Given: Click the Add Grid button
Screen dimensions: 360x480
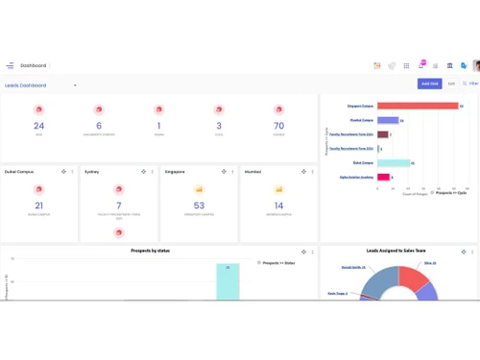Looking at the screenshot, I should [429, 84].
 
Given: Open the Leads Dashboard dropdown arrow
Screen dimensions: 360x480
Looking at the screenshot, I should [76, 85].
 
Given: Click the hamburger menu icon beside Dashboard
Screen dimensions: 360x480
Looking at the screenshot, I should [10, 65].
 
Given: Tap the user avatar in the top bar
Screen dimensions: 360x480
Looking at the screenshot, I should [476, 65].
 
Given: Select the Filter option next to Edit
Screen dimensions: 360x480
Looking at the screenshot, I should [470, 84].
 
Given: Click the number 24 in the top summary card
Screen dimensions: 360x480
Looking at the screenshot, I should [38, 126].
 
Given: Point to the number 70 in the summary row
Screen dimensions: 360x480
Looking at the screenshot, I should [278, 126].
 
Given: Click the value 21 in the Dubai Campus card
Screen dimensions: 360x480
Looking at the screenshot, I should [38, 205].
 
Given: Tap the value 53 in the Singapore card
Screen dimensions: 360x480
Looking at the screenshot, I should [199, 205].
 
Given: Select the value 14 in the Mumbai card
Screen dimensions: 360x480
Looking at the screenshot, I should [278, 205].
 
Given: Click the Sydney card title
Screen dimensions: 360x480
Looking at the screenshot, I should [92, 171].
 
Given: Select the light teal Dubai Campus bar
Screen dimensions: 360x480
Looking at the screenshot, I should [394, 163].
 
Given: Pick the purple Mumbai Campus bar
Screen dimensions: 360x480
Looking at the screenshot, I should [388, 121].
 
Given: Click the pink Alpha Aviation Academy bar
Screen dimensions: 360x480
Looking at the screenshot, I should [383, 178].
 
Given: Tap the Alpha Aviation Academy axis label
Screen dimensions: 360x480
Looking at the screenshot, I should [356, 178].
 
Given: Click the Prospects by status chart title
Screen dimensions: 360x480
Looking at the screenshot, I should [157, 251].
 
